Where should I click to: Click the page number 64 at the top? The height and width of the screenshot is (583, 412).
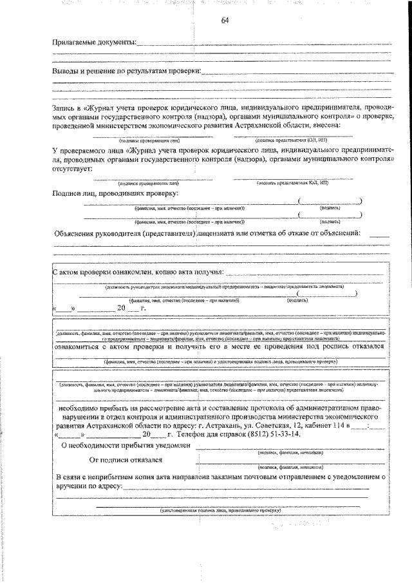225,19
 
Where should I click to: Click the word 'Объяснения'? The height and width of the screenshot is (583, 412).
80,233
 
